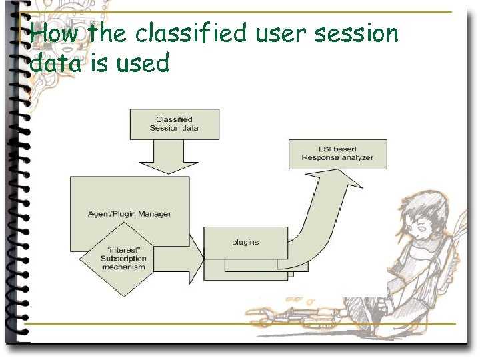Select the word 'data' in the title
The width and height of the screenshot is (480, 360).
tap(53, 63)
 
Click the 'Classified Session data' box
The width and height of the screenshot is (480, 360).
tap(174, 124)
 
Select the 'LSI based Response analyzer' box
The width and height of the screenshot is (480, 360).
tap(337, 153)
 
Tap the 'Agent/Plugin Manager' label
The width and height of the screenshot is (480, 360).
tap(129, 213)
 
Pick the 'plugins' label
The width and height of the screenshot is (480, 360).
tap(245, 242)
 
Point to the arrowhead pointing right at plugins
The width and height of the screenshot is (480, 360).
tap(196, 259)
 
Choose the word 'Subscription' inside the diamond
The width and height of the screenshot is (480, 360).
tap(123, 259)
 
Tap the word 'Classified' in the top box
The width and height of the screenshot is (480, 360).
tap(174, 119)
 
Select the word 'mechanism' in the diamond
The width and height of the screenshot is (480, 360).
tap(123, 267)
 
